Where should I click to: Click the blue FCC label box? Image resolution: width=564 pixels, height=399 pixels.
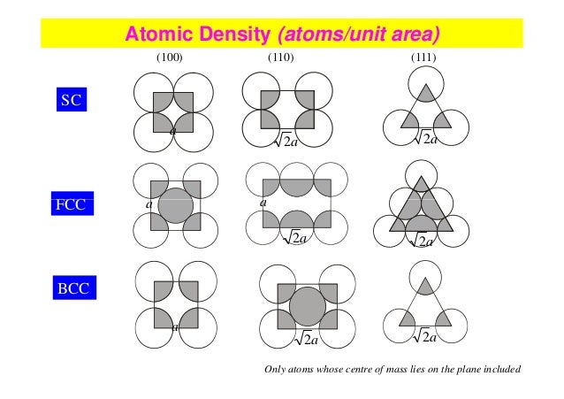[x=70, y=206]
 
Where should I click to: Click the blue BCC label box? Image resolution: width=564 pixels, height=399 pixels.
[x=70, y=288]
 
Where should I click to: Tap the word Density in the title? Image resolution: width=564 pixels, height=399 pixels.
[x=232, y=35]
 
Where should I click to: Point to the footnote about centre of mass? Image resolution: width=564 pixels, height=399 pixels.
[x=393, y=371]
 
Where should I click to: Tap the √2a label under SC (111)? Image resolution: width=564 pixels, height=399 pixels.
[x=425, y=138]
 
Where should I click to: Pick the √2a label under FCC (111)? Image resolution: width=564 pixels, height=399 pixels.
[x=422, y=240]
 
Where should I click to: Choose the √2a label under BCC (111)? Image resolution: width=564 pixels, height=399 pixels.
[x=425, y=335]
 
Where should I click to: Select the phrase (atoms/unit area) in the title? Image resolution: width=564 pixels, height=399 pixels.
[x=358, y=35]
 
